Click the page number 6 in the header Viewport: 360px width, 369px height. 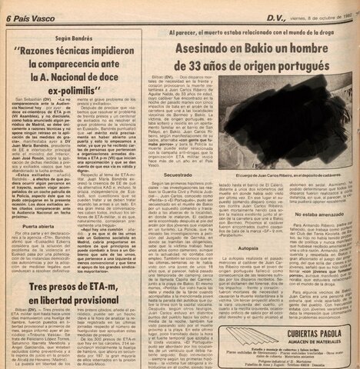pos(5,8)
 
